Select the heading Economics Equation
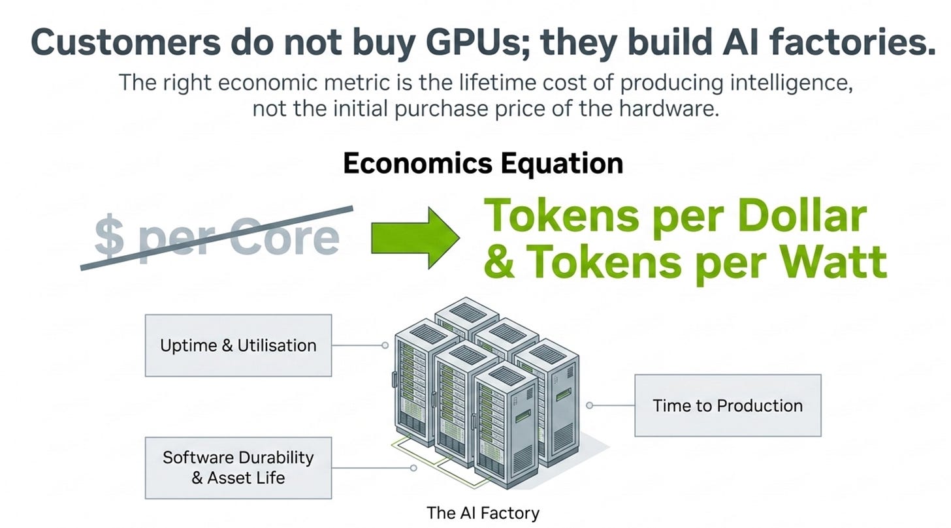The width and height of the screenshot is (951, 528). [x=483, y=164]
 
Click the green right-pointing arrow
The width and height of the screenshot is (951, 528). [x=415, y=238]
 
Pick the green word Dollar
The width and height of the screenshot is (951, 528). [x=802, y=216]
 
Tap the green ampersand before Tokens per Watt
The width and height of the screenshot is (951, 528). [x=499, y=262]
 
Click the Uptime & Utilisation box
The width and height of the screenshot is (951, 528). [x=238, y=345]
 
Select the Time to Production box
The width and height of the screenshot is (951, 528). [x=728, y=405]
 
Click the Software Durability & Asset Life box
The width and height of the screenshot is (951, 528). [x=238, y=468]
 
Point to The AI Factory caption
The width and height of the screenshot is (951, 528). [x=483, y=513]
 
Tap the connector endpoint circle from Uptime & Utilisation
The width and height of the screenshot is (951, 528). [x=385, y=345]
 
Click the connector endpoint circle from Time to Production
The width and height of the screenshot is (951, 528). [x=589, y=405]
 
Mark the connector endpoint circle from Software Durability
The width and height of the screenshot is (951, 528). [x=413, y=468]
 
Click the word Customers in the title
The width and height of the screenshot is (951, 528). [x=125, y=42]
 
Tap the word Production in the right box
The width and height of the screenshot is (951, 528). [x=760, y=406]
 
